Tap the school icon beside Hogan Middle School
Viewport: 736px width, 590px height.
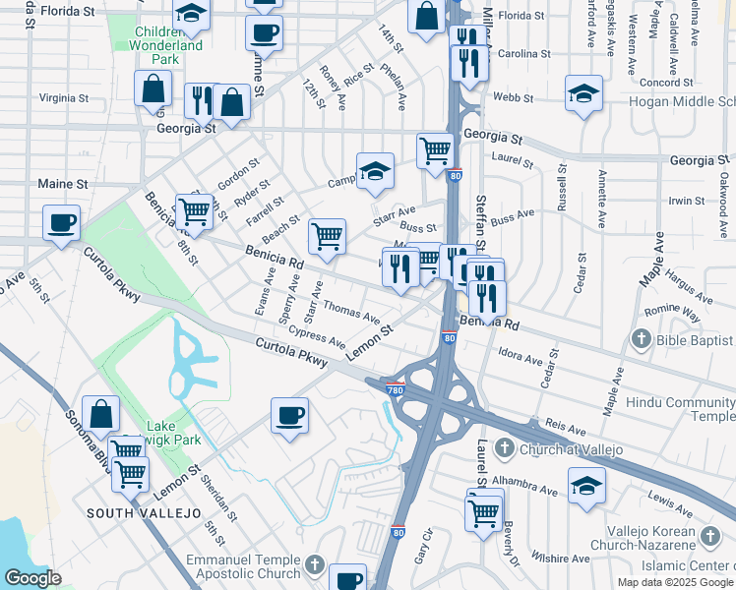584,93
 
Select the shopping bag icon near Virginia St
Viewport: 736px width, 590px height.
155,88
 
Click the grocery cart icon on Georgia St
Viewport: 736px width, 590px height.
435,150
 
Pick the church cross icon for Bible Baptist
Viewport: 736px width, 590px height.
641,340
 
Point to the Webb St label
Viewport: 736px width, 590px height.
512,98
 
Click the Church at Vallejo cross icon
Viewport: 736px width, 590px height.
504,449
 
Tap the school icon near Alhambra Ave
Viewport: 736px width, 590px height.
586,486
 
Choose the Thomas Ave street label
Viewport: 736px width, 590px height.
351,312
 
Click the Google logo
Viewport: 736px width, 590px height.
32,578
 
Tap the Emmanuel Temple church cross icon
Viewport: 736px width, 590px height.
314,564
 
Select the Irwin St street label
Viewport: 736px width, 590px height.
686,201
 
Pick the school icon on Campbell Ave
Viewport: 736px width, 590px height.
375,170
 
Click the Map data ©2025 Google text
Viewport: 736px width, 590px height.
674,582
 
